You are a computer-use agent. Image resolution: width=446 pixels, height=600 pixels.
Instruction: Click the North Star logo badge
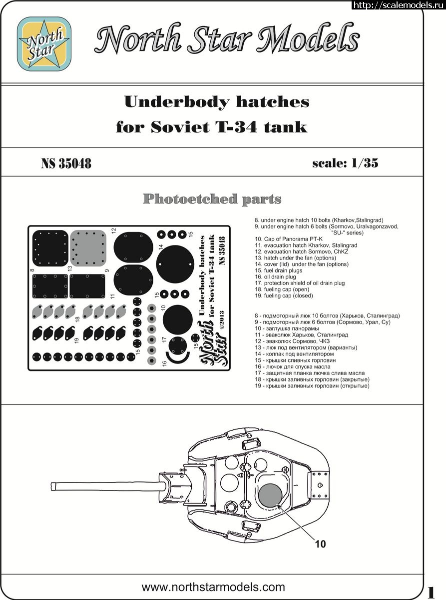pos(44,43)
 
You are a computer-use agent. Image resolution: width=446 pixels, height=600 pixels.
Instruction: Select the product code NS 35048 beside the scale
pos(66,163)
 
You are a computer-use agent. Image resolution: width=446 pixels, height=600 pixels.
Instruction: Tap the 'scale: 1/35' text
pos(345,163)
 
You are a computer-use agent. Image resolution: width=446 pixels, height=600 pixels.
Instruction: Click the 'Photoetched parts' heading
pos(212,199)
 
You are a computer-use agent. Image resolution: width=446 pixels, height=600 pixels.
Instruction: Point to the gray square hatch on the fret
pos(88,248)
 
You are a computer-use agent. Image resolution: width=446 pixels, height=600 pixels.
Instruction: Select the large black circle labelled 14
pos(175,263)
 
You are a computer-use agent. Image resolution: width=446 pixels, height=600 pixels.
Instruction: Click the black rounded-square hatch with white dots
pos(50,248)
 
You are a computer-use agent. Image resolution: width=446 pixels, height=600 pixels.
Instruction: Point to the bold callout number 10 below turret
pos(320,544)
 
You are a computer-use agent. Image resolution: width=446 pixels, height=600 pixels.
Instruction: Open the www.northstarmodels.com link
pos(213,587)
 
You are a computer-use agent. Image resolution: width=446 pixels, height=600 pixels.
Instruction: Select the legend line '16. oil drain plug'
pos(275,276)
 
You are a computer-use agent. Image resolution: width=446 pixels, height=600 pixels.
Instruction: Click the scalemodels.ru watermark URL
pos(398,5)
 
